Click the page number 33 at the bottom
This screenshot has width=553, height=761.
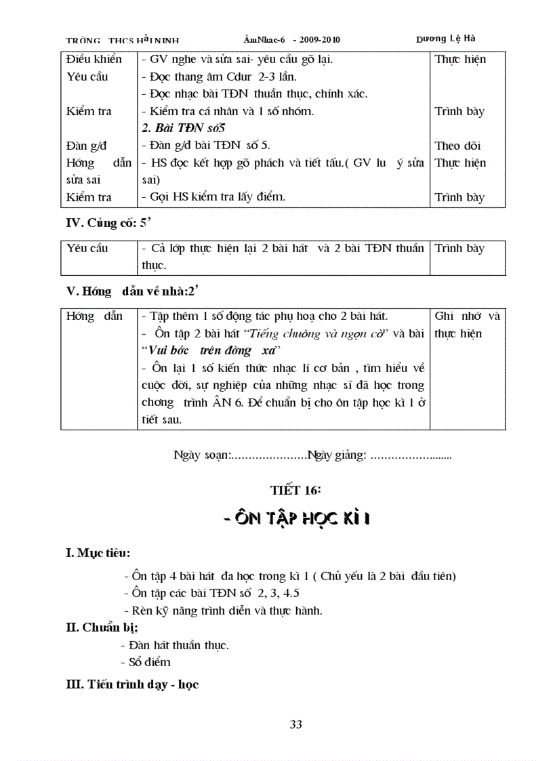point(295,724)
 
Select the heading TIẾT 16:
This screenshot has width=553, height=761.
point(295,490)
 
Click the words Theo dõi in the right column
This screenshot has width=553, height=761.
point(457,146)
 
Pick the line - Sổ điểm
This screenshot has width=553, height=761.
point(145,662)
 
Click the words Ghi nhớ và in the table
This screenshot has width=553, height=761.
point(466,316)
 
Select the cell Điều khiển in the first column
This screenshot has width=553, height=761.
point(94,59)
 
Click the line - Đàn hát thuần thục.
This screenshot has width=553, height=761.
point(174,645)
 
